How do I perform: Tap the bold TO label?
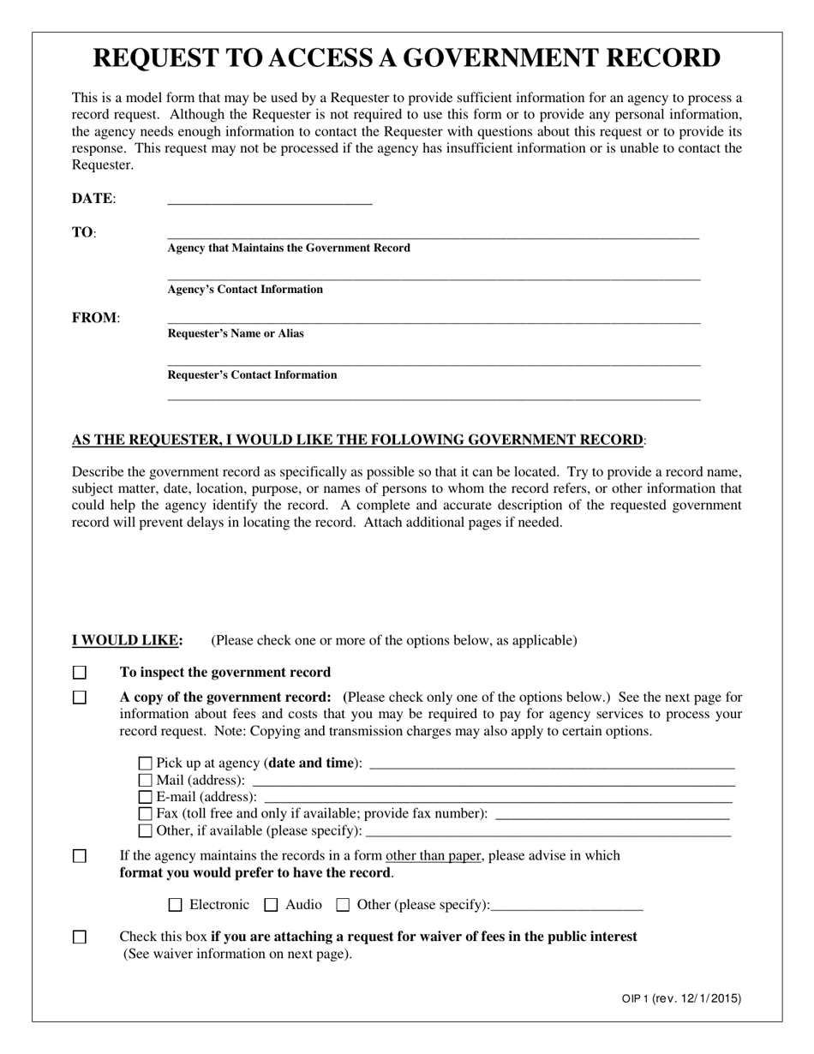pos(83,233)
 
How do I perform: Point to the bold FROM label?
pos(95,318)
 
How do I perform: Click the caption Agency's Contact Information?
pos(245,290)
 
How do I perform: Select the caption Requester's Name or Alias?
pos(236,333)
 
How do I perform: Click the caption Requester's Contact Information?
pos(252,375)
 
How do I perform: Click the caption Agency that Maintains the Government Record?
pos(289,249)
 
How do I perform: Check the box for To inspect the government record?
pos(80,673)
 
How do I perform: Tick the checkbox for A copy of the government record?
pos(80,698)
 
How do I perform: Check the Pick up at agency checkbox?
pos(145,764)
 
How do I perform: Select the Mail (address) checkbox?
pos(145,781)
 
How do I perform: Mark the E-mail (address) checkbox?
pos(145,797)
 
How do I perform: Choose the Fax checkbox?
pos(145,813)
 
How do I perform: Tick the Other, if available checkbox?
pos(145,830)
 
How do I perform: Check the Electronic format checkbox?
pos(176,905)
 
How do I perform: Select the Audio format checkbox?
pos(272,905)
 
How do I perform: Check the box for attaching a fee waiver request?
pos(80,937)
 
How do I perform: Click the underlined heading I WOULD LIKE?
pos(127,640)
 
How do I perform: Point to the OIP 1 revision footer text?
pos(681,998)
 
